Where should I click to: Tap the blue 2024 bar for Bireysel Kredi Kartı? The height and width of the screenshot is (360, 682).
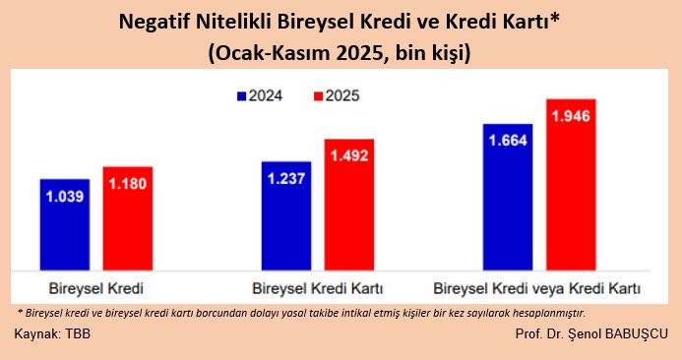pos(286,215)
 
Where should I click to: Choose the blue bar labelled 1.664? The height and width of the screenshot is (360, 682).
pos(508,197)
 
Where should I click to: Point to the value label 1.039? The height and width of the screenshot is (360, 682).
pos(65,196)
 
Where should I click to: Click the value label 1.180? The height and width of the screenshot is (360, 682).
pos(127,184)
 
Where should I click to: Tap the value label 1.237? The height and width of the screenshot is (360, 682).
pos(286,178)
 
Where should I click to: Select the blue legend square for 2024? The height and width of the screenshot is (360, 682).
pos(240,96)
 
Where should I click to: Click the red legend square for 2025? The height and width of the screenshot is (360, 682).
pos(317,96)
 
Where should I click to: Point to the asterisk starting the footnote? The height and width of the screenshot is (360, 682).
pos(21,311)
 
